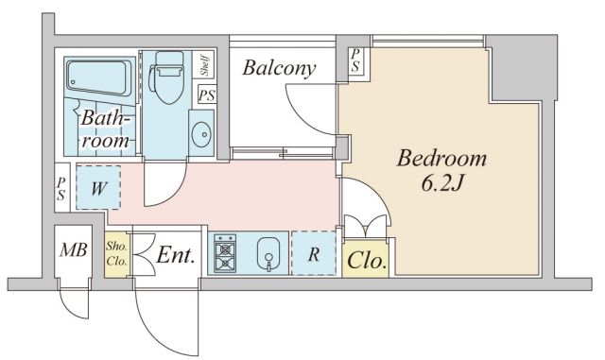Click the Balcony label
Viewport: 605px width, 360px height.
pyautogui.click(x=279, y=68)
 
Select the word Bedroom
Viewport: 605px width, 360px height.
pyautogui.click(x=441, y=159)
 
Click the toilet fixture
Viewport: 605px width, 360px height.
pyautogui.click(x=167, y=77)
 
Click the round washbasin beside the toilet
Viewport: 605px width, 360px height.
pyautogui.click(x=201, y=134)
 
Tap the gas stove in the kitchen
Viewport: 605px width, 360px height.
pyautogui.click(x=225, y=252)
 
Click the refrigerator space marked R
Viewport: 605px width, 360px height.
pyautogui.click(x=314, y=253)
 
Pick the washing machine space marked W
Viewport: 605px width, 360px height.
pyautogui.click(x=98, y=187)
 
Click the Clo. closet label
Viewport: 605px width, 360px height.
pyautogui.click(x=367, y=261)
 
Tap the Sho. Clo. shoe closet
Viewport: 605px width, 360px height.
pyautogui.click(x=117, y=254)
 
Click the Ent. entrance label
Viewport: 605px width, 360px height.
pyautogui.click(x=175, y=255)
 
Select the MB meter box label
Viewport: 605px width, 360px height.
pyautogui.click(x=74, y=250)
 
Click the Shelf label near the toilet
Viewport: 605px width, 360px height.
pyautogui.click(x=204, y=64)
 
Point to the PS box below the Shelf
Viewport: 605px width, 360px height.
pyautogui.click(x=207, y=94)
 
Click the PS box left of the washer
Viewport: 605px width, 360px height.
pyautogui.click(x=61, y=188)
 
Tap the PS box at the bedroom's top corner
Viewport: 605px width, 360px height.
pyautogui.click(x=355, y=61)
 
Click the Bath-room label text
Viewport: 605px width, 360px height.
pyautogui.click(x=105, y=129)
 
